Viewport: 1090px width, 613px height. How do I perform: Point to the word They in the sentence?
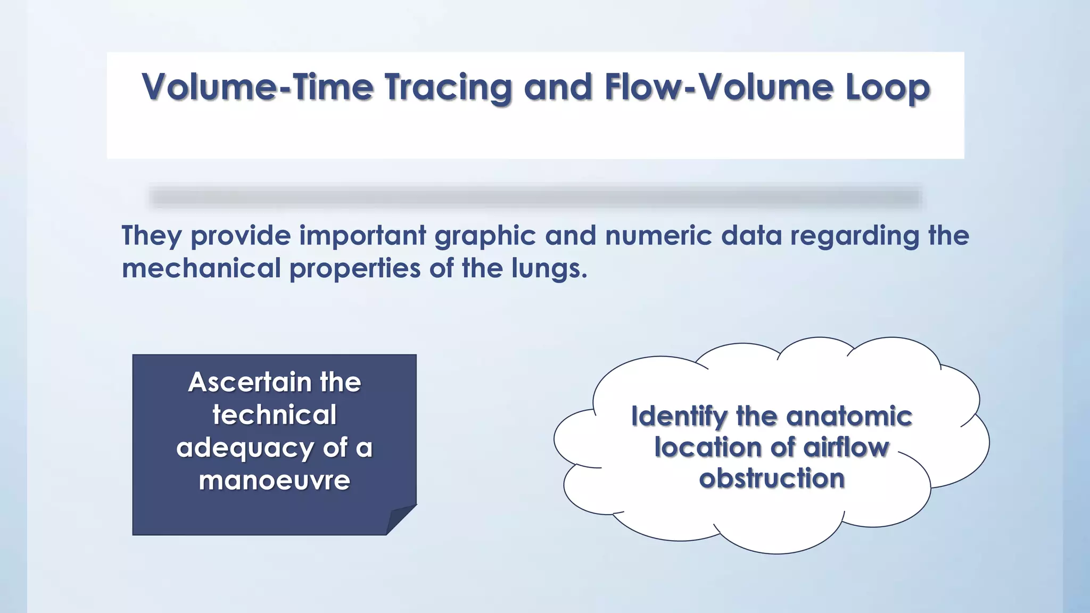[x=152, y=236]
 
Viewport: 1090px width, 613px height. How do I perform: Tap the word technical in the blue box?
[x=275, y=415]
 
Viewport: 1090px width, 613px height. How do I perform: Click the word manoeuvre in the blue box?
[x=275, y=480]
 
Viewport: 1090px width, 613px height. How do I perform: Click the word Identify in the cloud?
[x=679, y=416]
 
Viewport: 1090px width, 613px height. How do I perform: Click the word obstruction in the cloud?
[x=772, y=478]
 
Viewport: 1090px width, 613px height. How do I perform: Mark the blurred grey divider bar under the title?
[x=535, y=197]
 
